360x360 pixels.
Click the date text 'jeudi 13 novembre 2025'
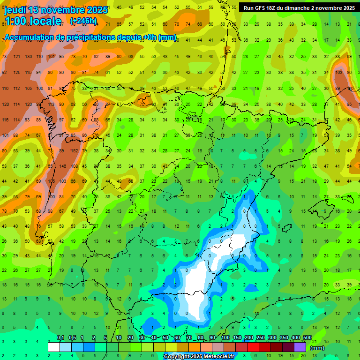56,9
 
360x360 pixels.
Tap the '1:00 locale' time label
33,21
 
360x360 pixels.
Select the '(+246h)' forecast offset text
83,21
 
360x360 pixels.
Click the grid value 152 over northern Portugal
74,151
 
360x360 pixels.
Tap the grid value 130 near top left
28,57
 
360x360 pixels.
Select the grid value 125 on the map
16,73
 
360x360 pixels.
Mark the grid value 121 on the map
16,57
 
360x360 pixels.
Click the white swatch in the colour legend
54,347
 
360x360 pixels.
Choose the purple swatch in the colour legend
300,347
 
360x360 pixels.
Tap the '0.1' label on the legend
60,338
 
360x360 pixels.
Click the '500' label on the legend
307,338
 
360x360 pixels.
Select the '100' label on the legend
225,338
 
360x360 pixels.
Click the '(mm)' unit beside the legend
317,348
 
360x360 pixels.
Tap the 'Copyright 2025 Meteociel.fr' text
196,357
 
